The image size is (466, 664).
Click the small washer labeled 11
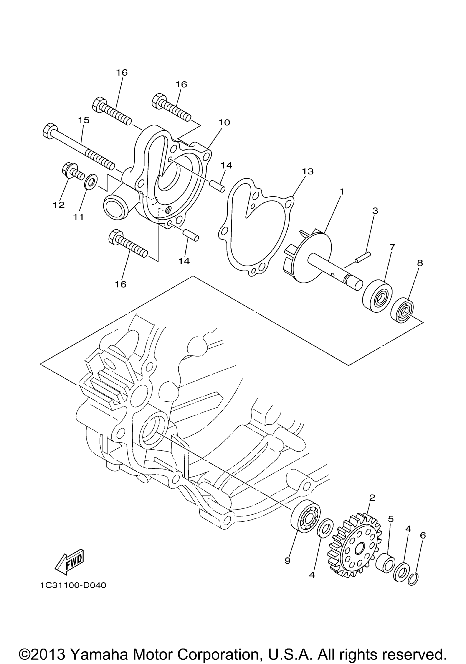[x=91, y=181]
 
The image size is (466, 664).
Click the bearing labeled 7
[x=377, y=296]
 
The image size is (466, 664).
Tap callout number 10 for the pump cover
[x=224, y=122]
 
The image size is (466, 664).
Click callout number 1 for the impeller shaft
[x=342, y=192]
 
